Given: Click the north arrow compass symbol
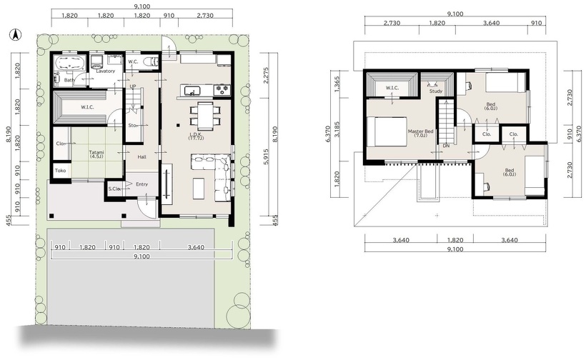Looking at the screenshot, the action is [15, 35].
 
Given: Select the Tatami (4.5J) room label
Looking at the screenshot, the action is [96, 154].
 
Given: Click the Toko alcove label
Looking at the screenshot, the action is [60, 171].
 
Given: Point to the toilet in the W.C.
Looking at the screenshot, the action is [152, 60].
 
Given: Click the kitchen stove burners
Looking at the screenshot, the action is [222, 89].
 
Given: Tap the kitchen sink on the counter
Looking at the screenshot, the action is [192, 90].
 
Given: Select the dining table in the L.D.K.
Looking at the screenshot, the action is [205, 116].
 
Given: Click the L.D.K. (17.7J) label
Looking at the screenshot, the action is [197, 136].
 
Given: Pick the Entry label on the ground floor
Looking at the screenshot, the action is [142, 184].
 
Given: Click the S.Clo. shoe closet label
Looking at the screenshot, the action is [114, 189].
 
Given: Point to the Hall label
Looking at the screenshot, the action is [141, 157].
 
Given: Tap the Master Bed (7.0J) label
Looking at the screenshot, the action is [420, 134].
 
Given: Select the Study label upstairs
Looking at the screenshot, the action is [436, 91].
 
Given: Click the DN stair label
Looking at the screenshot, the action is [446, 146].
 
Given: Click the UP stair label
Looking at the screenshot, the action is [133, 86].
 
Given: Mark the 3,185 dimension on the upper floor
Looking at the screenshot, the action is [337, 129].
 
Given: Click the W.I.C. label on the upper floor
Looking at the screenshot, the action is [392, 88].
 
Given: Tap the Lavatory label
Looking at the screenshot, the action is [105, 71].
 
